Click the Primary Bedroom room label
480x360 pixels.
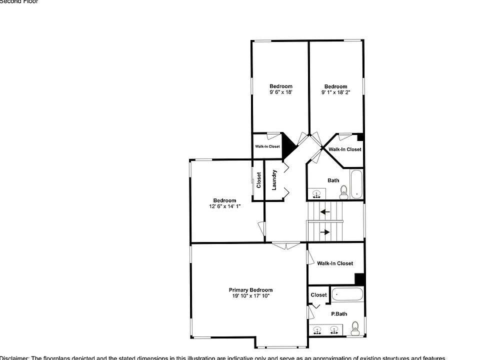pyautogui.click(x=250, y=290)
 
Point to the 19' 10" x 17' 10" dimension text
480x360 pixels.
pyautogui.click(x=250, y=296)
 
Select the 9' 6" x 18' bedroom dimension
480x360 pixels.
pyautogui.click(x=280, y=92)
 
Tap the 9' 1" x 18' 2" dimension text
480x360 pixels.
pyautogui.click(x=335, y=92)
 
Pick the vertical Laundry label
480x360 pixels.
pyautogui.click(x=274, y=180)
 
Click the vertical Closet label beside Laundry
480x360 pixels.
pyautogui.click(x=258, y=180)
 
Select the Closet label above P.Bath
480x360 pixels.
pyautogui.click(x=318, y=295)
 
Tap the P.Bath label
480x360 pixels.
pyautogui.click(x=339, y=314)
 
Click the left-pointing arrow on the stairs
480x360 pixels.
pyautogui.click(x=325, y=211)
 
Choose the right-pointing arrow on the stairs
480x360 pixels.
pyautogui.click(x=325, y=232)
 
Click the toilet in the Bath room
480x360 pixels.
pyautogui.click(x=343, y=191)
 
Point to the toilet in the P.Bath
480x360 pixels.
pyautogui.click(x=355, y=328)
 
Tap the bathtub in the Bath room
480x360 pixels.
pyautogui.click(x=356, y=184)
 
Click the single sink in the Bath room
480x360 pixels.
pyautogui.click(x=316, y=193)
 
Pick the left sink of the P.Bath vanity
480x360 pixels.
pyautogui.click(x=317, y=330)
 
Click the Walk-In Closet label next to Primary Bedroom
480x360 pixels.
pyautogui.click(x=334, y=263)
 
